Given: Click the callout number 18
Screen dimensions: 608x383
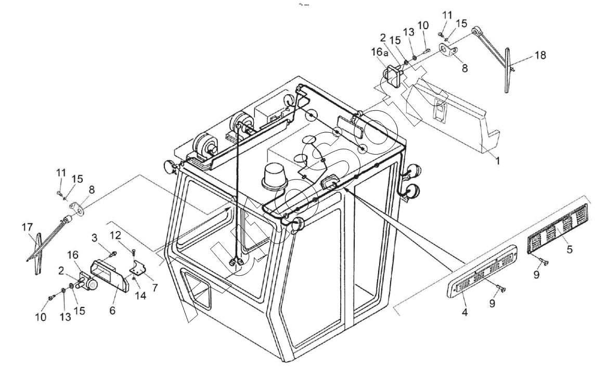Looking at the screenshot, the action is pyautogui.click(x=540, y=55).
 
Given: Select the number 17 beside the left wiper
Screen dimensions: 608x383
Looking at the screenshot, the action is pyautogui.click(x=27, y=227).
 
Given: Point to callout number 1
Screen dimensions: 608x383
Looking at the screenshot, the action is pyautogui.click(x=498, y=160).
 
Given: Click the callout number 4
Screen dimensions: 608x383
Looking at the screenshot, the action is pyautogui.click(x=464, y=312).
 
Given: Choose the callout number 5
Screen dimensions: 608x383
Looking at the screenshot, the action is pyautogui.click(x=569, y=249).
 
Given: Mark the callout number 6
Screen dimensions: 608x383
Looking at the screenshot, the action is pyautogui.click(x=112, y=311).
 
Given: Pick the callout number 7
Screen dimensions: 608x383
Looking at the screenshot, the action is pyautogui.click(x=154, y=288).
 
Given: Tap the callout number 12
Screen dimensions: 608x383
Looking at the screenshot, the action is pyautogui.click(x=115, y=235).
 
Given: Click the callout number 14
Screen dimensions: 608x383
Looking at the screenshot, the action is pyautogui.click(x=140, y=296).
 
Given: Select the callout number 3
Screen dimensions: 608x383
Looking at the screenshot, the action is pyautogui.click(x=94, y=237).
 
